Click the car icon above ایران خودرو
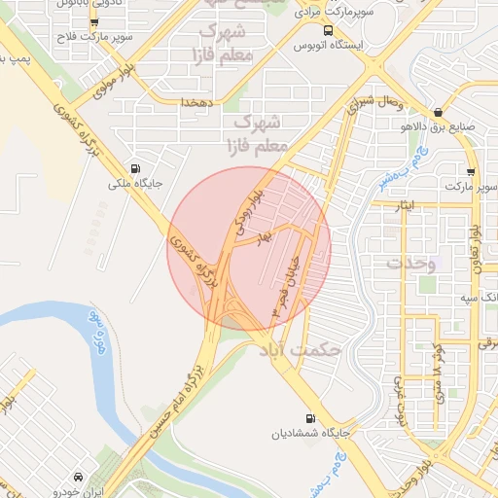[x=77, y=478]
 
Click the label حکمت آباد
[x=296, y=347]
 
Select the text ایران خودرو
[x=77, y=492]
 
